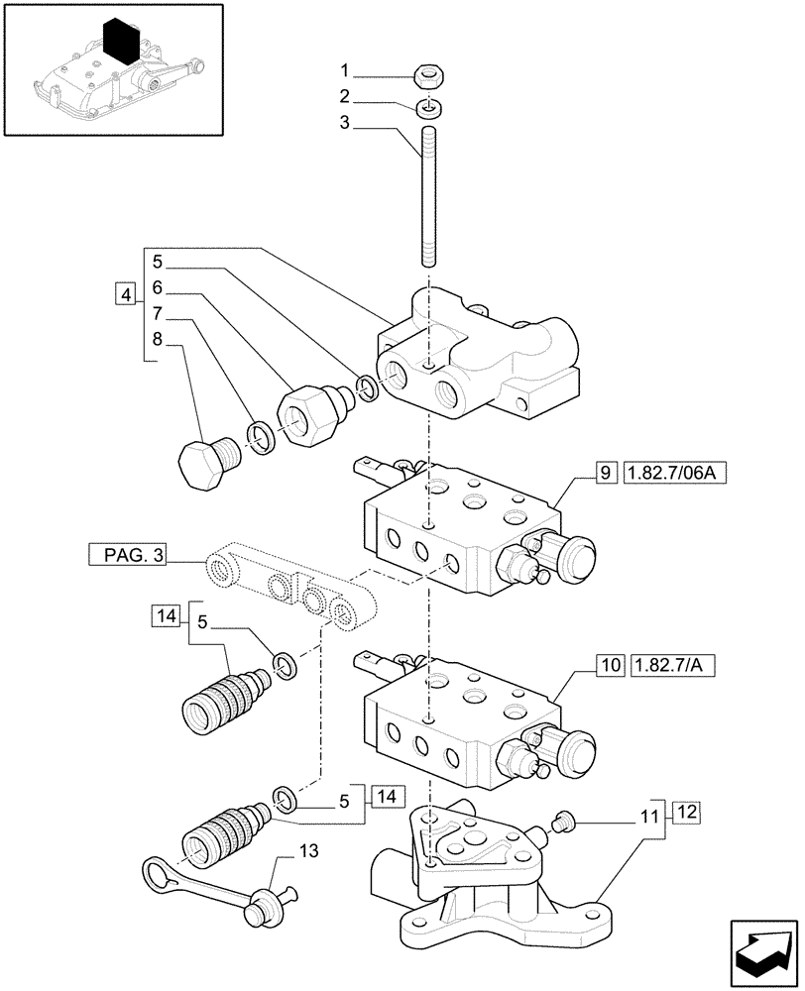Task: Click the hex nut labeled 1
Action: click(430, 74)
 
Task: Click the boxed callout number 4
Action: click(125, 294)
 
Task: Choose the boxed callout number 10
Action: click(608, 663)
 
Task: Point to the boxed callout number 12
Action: click(689, 814)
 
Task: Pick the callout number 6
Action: click(157, 289)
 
